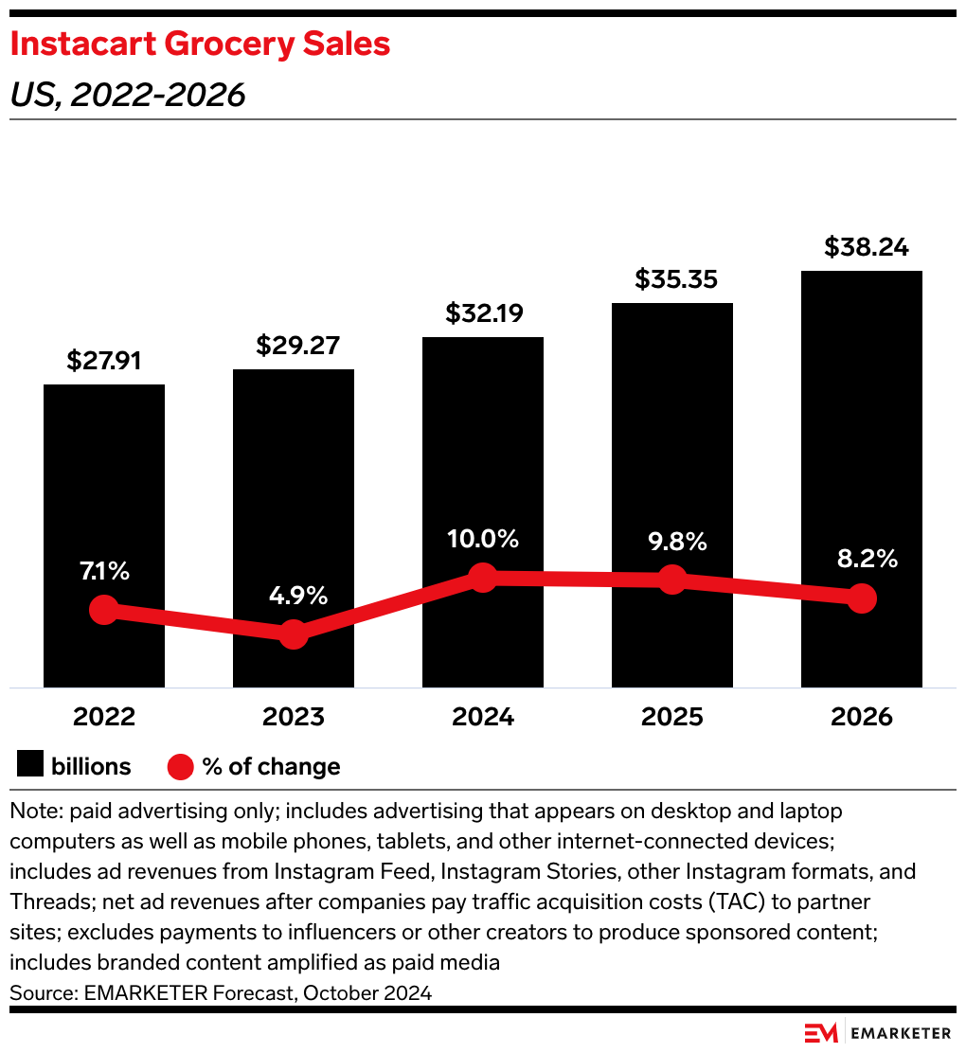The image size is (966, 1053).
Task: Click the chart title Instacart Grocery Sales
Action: [x=200, y=45]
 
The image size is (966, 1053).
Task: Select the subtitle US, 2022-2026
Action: [x=128, y=95]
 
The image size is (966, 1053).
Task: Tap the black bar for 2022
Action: [x=104, y=492]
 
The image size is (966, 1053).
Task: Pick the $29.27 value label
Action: [x=294, y=346]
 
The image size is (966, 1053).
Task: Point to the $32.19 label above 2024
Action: [x=483, y=313]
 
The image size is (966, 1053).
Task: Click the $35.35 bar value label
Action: [x=672, y=279]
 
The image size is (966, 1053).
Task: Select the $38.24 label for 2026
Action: [x=862, y=247]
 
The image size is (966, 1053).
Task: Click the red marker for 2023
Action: [x=294, y=634]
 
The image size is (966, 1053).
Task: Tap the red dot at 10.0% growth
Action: [x=483, y=577]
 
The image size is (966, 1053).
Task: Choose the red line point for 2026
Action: [x=862, y=598]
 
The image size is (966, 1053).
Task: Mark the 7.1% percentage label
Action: [x=104, y=571]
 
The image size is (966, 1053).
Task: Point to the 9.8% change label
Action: [x=672, y=542]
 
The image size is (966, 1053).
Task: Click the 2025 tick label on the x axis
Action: [x=672, y=717]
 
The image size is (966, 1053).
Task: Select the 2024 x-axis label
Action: [x=483, y=717]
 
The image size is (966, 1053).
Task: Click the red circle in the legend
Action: [x=180, y=766]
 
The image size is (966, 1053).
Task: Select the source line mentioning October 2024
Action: [x=221, y=993]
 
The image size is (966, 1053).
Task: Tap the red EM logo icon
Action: [x=820, y=1032]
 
